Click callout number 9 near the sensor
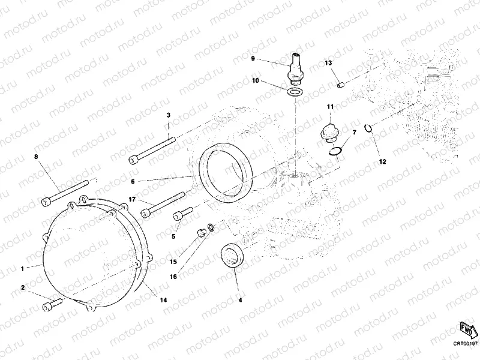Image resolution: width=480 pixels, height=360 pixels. point(253,58)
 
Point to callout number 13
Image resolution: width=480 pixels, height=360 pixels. point(328,63)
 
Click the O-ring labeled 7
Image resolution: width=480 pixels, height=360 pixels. point(337,150)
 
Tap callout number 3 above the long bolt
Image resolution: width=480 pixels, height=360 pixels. point(169,115)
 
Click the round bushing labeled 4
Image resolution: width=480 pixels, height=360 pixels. point(233,254)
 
